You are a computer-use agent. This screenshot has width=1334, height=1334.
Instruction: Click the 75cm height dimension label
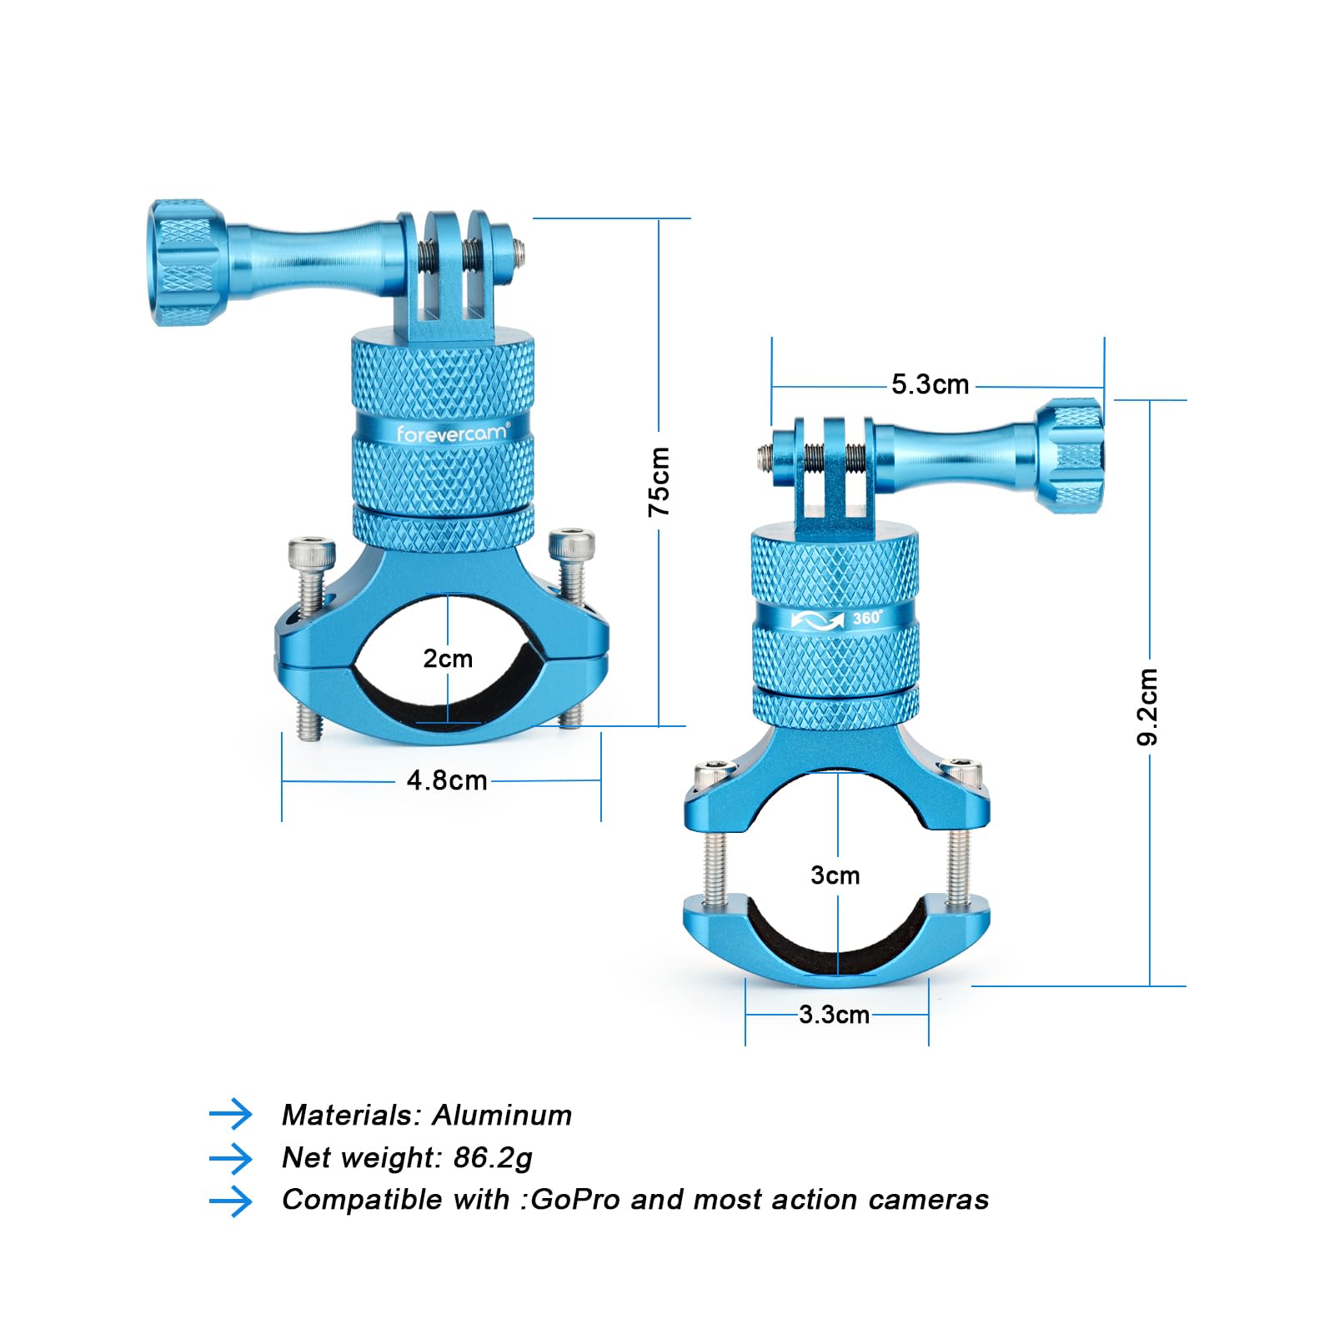659,481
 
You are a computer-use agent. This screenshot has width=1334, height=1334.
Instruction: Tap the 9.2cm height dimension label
1148,706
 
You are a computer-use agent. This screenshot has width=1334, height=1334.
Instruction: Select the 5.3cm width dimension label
930,384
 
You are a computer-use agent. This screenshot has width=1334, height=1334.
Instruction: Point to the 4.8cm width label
447,780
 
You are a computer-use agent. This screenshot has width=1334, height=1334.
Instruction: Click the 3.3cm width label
834,1015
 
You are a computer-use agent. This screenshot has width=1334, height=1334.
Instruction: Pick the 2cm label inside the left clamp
448,659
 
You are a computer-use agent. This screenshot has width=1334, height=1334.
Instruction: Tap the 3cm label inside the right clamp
835,875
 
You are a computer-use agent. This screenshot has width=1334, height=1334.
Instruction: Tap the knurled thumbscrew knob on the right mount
1071,455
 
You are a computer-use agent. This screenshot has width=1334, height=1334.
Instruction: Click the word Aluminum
502,1116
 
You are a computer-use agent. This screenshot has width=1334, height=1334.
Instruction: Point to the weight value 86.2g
493,1158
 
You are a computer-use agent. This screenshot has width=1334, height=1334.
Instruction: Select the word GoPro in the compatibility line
575,1200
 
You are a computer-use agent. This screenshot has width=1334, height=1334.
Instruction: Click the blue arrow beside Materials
231,1114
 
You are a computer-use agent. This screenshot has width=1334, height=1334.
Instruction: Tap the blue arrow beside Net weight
231,1158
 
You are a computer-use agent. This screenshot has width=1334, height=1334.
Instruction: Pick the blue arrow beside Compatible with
231,1201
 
